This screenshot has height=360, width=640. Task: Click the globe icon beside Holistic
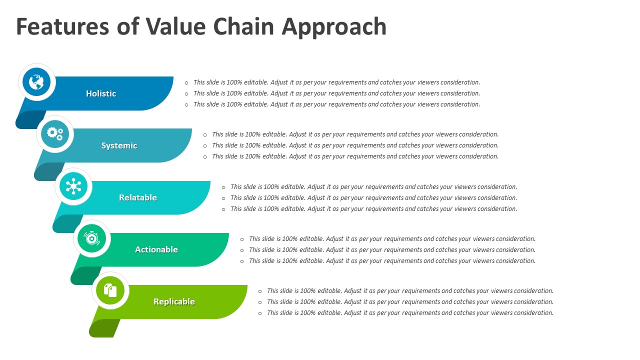pyautogui.click(x=36, y=82)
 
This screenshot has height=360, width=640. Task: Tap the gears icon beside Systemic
pyautogui.click(x=55, y=134)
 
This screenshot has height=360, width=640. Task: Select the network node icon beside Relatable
pyautogui.click(x=73, y=186)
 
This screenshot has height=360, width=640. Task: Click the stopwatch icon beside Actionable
pyautogui.click(x=92, y=238)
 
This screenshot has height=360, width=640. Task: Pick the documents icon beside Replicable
pyautogui.click(x=110, y=290)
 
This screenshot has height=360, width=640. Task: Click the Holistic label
pyautogui.click(x=101, y=93)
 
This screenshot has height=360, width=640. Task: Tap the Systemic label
pyautogui.click(x=119, y=145)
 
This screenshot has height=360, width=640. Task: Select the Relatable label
pyautogui.click(x=138, y=197)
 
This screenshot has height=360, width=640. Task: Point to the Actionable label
pyautogui.click(x=156, y=249)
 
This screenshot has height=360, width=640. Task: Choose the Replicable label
pyautogui.click(x=174, y=301)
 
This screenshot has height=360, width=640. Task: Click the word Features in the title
pyautogui.click(x=62, y=26)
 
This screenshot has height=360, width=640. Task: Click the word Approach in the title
pyautogui.click(x=334, y=26)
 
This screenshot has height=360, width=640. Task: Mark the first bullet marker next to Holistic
pyautogui.click(x=186, y=83)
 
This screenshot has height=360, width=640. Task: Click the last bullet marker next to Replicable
pyautogui.click(x=260, y=313)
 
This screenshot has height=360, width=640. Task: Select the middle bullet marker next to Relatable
pyautogui.click(x=223, y=198)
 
